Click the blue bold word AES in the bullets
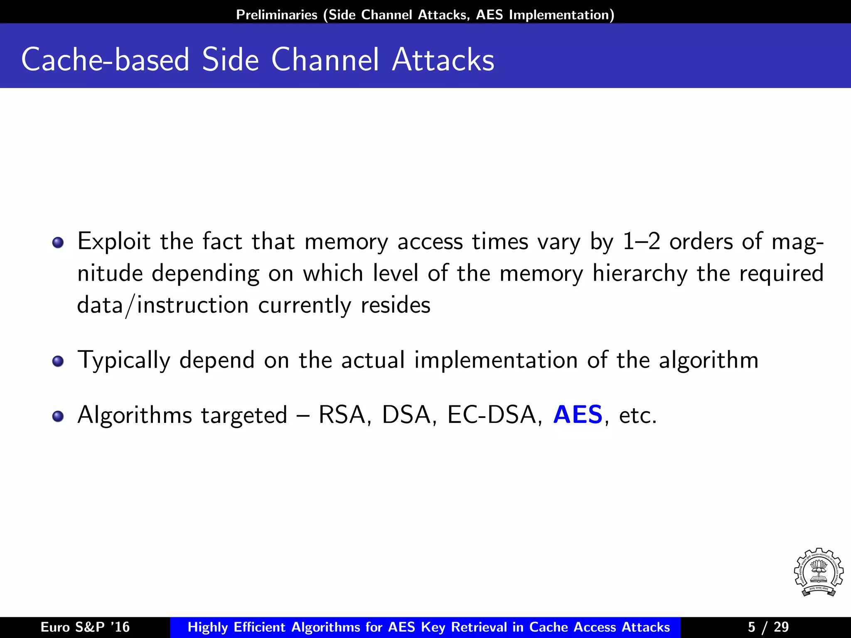(x=578, y=415)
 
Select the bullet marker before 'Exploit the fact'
(x=58, y=243)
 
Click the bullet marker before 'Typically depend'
(x=58, y=361)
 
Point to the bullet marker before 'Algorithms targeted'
(x=58, y=416)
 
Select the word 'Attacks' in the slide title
(x=443, y=60)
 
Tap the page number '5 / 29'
(x=768, y=627)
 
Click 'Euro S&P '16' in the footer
(x=85, y=627)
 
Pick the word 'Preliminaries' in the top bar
(x=277, y=15)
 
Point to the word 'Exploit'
(x=114, y=241)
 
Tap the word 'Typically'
(x=124, y=360)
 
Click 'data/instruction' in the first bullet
(x=163, y=305)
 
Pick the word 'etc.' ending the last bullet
(x=638, y=415)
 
